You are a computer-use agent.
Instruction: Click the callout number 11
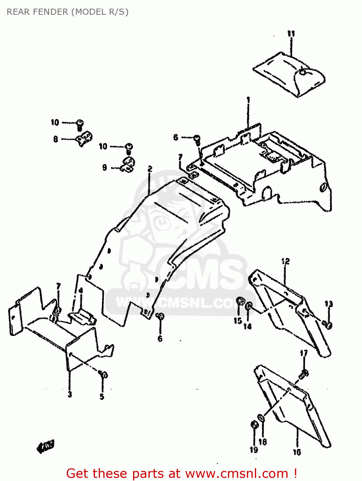pyautogui.click(x=291, y=33)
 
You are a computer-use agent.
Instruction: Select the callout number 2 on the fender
pyautogui.click(x=150, y=169)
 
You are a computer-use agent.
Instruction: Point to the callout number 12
pyautogui.click(x=285, y=261)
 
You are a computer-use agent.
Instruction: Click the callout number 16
pyautogui.click(x=297, y=452)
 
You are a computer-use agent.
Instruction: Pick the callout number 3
pyautogui.click(x=70, y=394)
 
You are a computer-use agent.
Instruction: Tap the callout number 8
pyautogui.click(x=56, y=139)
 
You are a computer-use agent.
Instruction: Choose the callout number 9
pyautogui.click(x=105, y=167)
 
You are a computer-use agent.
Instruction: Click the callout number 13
pyautogui.click(x=329, y=304)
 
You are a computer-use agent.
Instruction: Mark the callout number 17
pyautogui.click(x=304, y=353)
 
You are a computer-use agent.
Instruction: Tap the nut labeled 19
pyautogui.click(x=254, y=425)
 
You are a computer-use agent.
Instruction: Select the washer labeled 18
pyautogui.click(x=261, y=418)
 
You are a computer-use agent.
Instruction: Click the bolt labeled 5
pyautogui.click(x=104, y=374)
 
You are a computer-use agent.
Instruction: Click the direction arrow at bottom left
pyautogui.click(x=46, y=446)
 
